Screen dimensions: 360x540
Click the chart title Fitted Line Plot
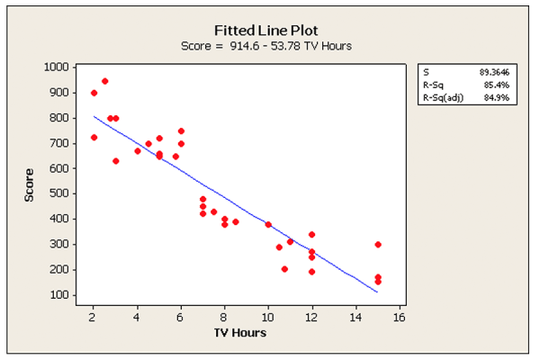tap(270, 29)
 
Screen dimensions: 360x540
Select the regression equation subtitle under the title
tap(270, 46)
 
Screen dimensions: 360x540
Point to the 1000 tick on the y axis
tap(57, 67)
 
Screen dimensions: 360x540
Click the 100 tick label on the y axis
tap(59, 294)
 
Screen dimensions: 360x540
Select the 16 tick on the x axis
tap(399, 317)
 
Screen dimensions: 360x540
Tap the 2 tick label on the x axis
tap(93, 317)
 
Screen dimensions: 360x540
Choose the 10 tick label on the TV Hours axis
tap(267, 317)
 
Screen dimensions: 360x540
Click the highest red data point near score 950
tap(104, 81)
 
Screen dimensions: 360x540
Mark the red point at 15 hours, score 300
tap(378, 244)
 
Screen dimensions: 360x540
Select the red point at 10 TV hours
tap(268, 224)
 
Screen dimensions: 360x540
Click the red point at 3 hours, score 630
tap(115, 161)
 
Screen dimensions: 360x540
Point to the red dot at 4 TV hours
tap(138, 151)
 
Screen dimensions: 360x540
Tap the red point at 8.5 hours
tap(236, 221)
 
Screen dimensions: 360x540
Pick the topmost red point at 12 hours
tap(311, 234)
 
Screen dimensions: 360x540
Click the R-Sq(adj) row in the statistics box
tap(460, 97)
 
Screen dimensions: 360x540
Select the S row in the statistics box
tap(460, 70)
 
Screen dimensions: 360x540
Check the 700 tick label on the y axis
tap(59, 143)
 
